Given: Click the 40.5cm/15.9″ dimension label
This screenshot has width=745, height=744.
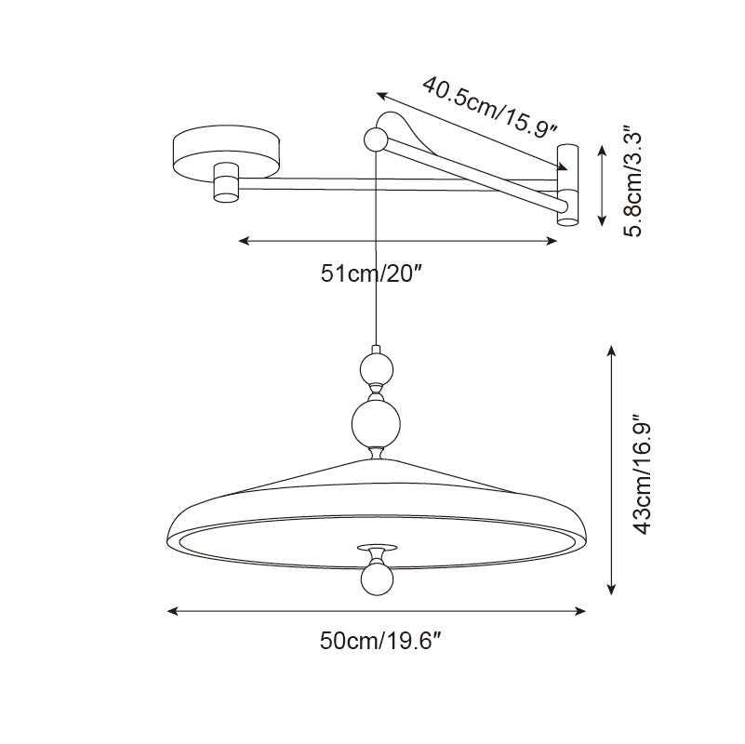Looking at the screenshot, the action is coord(489,106).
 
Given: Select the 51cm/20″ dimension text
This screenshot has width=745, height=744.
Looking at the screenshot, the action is coord(371,273).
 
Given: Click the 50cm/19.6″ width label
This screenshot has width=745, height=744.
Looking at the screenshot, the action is coord(381,641).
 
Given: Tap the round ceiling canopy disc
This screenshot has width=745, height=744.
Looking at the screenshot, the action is coord(226,153).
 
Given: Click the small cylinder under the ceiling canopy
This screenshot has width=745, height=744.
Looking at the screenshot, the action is coord(226,183).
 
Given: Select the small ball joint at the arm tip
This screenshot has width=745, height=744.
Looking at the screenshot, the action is coord(376,139).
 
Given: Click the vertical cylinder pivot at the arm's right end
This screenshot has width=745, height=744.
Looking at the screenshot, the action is coord(567,185).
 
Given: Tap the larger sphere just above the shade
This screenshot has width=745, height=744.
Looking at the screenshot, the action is coord(376,424).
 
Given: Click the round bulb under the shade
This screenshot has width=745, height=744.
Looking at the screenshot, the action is coord(378,579).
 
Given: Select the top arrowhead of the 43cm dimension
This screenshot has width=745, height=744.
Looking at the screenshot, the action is coord(612,352).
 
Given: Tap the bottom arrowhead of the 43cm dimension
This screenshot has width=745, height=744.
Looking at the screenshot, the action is coord(612,589).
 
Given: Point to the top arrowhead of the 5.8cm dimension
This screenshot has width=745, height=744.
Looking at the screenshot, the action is coord(603,151).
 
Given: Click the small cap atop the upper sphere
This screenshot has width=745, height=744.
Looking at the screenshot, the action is coord(377,350).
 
